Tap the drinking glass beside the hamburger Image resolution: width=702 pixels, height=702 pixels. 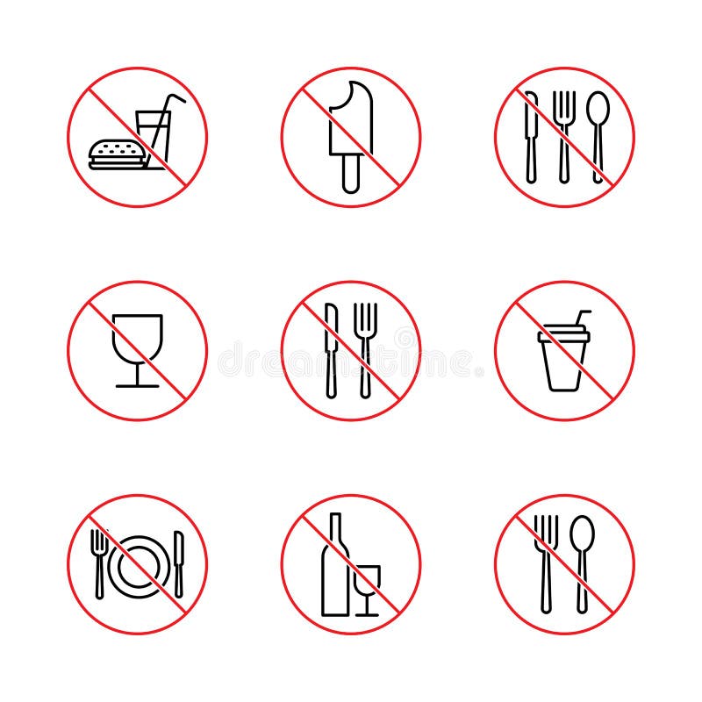click(154, 139)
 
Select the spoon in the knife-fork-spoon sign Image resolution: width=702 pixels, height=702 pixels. click(597, 132)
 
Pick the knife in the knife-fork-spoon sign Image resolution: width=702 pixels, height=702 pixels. click(531, 136)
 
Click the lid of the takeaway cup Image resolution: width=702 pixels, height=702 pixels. click(562, 332)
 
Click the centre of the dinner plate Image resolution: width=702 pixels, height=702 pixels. click(138, 564)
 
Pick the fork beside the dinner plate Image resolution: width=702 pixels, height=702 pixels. click(98, 562)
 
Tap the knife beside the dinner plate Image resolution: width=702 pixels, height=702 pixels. click(178, 562)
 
